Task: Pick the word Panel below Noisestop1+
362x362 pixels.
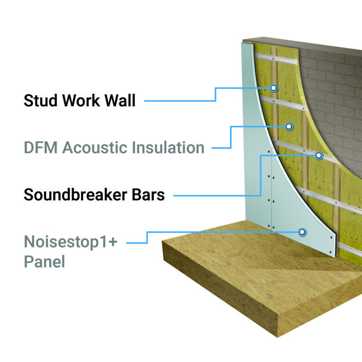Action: (44, 261)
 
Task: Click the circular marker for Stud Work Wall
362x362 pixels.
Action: (273, 87)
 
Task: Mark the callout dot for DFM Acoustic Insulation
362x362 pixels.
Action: (289, 126)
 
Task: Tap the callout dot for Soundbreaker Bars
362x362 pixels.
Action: (319, 155)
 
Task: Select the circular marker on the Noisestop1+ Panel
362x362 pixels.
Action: (302, 232)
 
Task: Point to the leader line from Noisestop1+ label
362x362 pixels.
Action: (136, 243)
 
